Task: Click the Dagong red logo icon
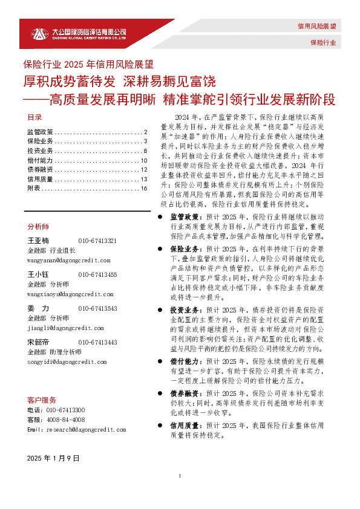[x=38, y=33]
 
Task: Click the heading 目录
[x=34, y=117]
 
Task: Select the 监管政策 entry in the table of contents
[x=41, y=132]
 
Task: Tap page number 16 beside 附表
[x=144, y=189]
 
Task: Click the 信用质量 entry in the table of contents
[x=41, y=179]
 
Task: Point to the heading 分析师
[x=38, y=226]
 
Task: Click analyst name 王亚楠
[x=38, y=241]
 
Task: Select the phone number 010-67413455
[x=97, y=274]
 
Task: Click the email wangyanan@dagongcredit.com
[x=68, y=260]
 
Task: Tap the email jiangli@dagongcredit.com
[x=65, y=328]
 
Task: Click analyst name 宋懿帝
[x=38, y=342]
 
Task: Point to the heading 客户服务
[x=42, y=400]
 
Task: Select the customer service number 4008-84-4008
[x=65, y=420]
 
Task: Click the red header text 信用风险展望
[x=316, y=27]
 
